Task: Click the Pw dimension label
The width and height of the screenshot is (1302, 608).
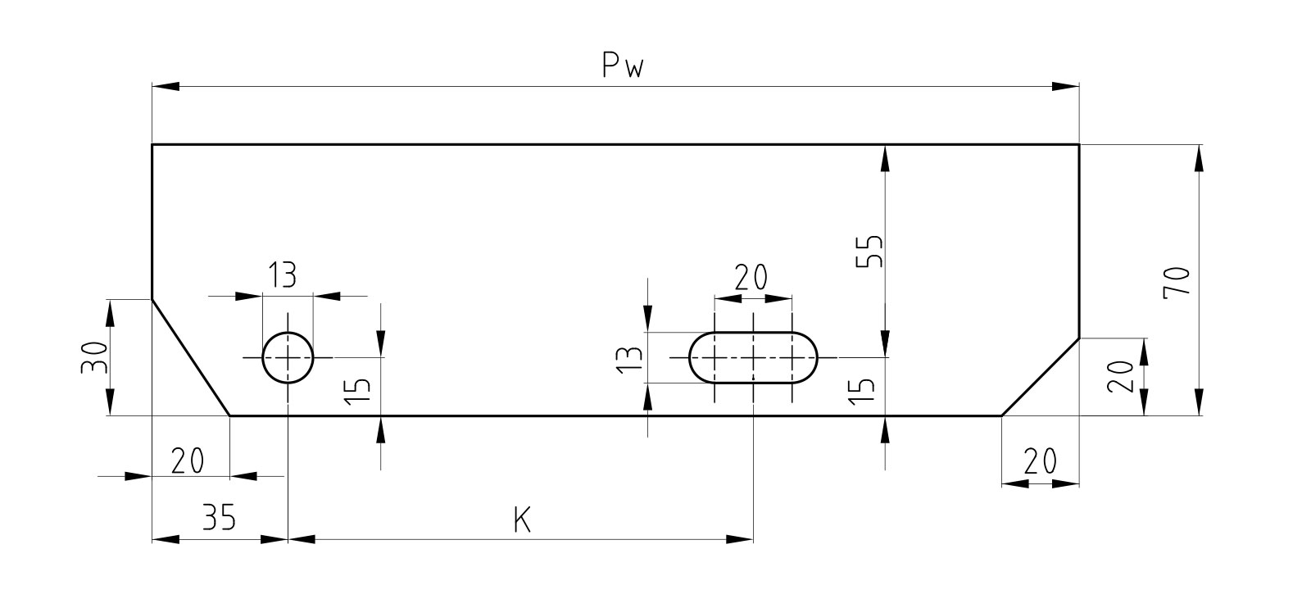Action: point(623,65)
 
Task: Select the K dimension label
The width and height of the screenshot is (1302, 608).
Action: point(522,520)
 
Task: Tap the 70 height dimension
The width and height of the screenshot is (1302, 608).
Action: point(1177,283)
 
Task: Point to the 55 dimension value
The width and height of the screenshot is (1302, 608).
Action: point(869,251)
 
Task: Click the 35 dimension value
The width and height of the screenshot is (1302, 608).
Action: point(219,517)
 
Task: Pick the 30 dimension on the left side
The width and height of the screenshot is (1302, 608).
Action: point(95,357)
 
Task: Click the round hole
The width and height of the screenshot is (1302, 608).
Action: point(288,357)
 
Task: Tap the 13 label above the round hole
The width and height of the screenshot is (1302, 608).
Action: point(283,275)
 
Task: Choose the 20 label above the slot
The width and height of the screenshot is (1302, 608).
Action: point(751,277)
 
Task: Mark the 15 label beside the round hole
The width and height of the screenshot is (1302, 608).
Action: point(357,391)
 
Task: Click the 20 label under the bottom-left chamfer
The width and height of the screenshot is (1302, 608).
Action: point(188,461)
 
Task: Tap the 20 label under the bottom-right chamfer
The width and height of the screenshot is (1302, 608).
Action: point(1040,462)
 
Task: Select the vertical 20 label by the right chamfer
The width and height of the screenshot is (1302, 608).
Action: point(1120,377)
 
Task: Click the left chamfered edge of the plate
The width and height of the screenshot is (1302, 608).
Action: point(191,357)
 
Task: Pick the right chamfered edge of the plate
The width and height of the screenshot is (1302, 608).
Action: point(1041,377)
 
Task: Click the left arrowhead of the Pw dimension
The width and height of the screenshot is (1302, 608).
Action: point(166,87)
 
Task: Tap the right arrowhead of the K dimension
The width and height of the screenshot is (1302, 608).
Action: point(739,539)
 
